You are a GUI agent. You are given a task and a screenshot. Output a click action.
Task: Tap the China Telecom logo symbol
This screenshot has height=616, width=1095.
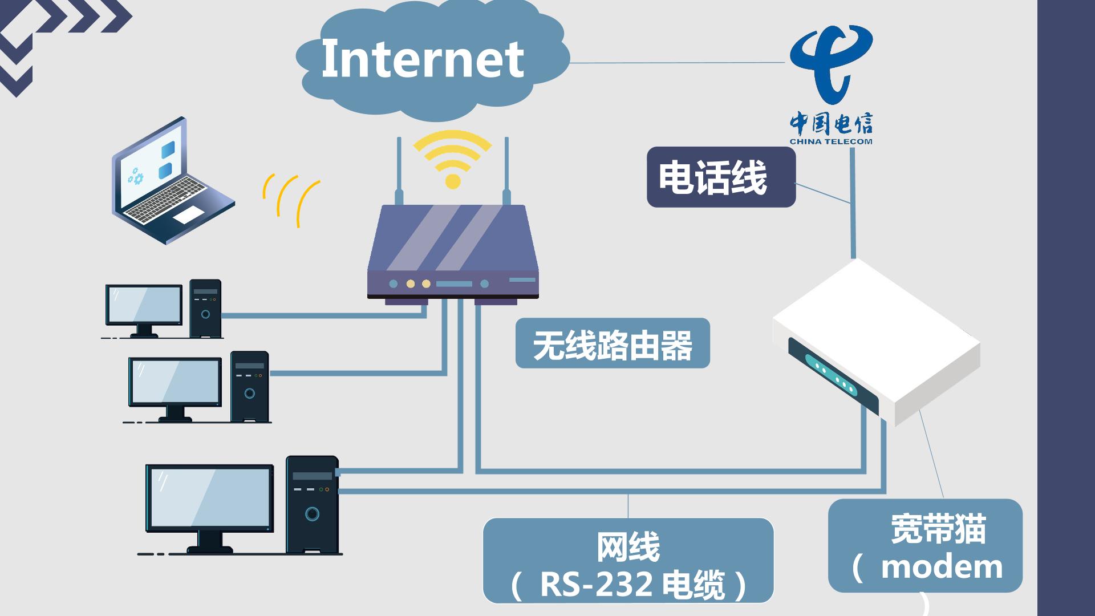click(x=831, y=63)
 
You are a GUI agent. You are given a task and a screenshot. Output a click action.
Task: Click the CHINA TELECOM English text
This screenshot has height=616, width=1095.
click(x=831, y=141)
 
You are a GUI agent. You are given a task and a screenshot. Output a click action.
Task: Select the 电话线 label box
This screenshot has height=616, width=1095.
click(x=721, y=177)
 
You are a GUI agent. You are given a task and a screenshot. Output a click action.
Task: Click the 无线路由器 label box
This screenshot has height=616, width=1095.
click(x=613, y=343)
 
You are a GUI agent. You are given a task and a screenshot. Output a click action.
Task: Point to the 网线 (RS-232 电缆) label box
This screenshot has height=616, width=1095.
click(x=628, y=560)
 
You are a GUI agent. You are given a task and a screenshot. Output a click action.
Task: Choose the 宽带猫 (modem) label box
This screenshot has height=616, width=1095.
click(x=925, y=545)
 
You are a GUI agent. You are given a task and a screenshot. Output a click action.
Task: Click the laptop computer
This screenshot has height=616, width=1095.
click(x=172, y=181)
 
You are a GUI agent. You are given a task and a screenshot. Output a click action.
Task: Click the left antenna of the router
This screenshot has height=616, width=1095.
click(x=399, y=171)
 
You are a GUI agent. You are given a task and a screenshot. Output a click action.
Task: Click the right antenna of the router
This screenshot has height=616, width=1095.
click(x=506, y=171)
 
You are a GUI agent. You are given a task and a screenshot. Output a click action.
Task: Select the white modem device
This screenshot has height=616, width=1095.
click(x=876, y=342)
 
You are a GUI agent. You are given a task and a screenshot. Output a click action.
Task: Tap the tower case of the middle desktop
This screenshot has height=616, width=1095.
click(x=249, y=386)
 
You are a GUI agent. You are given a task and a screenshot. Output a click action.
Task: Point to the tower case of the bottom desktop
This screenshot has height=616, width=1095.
click(x=312, y=505)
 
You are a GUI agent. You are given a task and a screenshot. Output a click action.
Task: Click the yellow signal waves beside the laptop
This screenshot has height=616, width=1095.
click(x=290, y=200)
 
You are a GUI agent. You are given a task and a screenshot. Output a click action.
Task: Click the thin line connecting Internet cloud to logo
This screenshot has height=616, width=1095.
click(x=678, y=63)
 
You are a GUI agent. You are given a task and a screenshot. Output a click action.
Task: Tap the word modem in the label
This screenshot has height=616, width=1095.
click(x=942, y=567)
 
